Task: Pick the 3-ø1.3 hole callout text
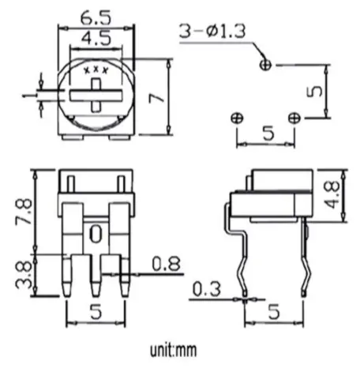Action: tap(211, 32)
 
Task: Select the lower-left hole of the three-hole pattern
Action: tap(235, 118)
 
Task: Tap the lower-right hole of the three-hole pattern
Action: tap(294, 118)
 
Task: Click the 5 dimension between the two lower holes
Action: tap(266, 135)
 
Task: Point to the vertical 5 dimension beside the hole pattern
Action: tap(313, 91)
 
